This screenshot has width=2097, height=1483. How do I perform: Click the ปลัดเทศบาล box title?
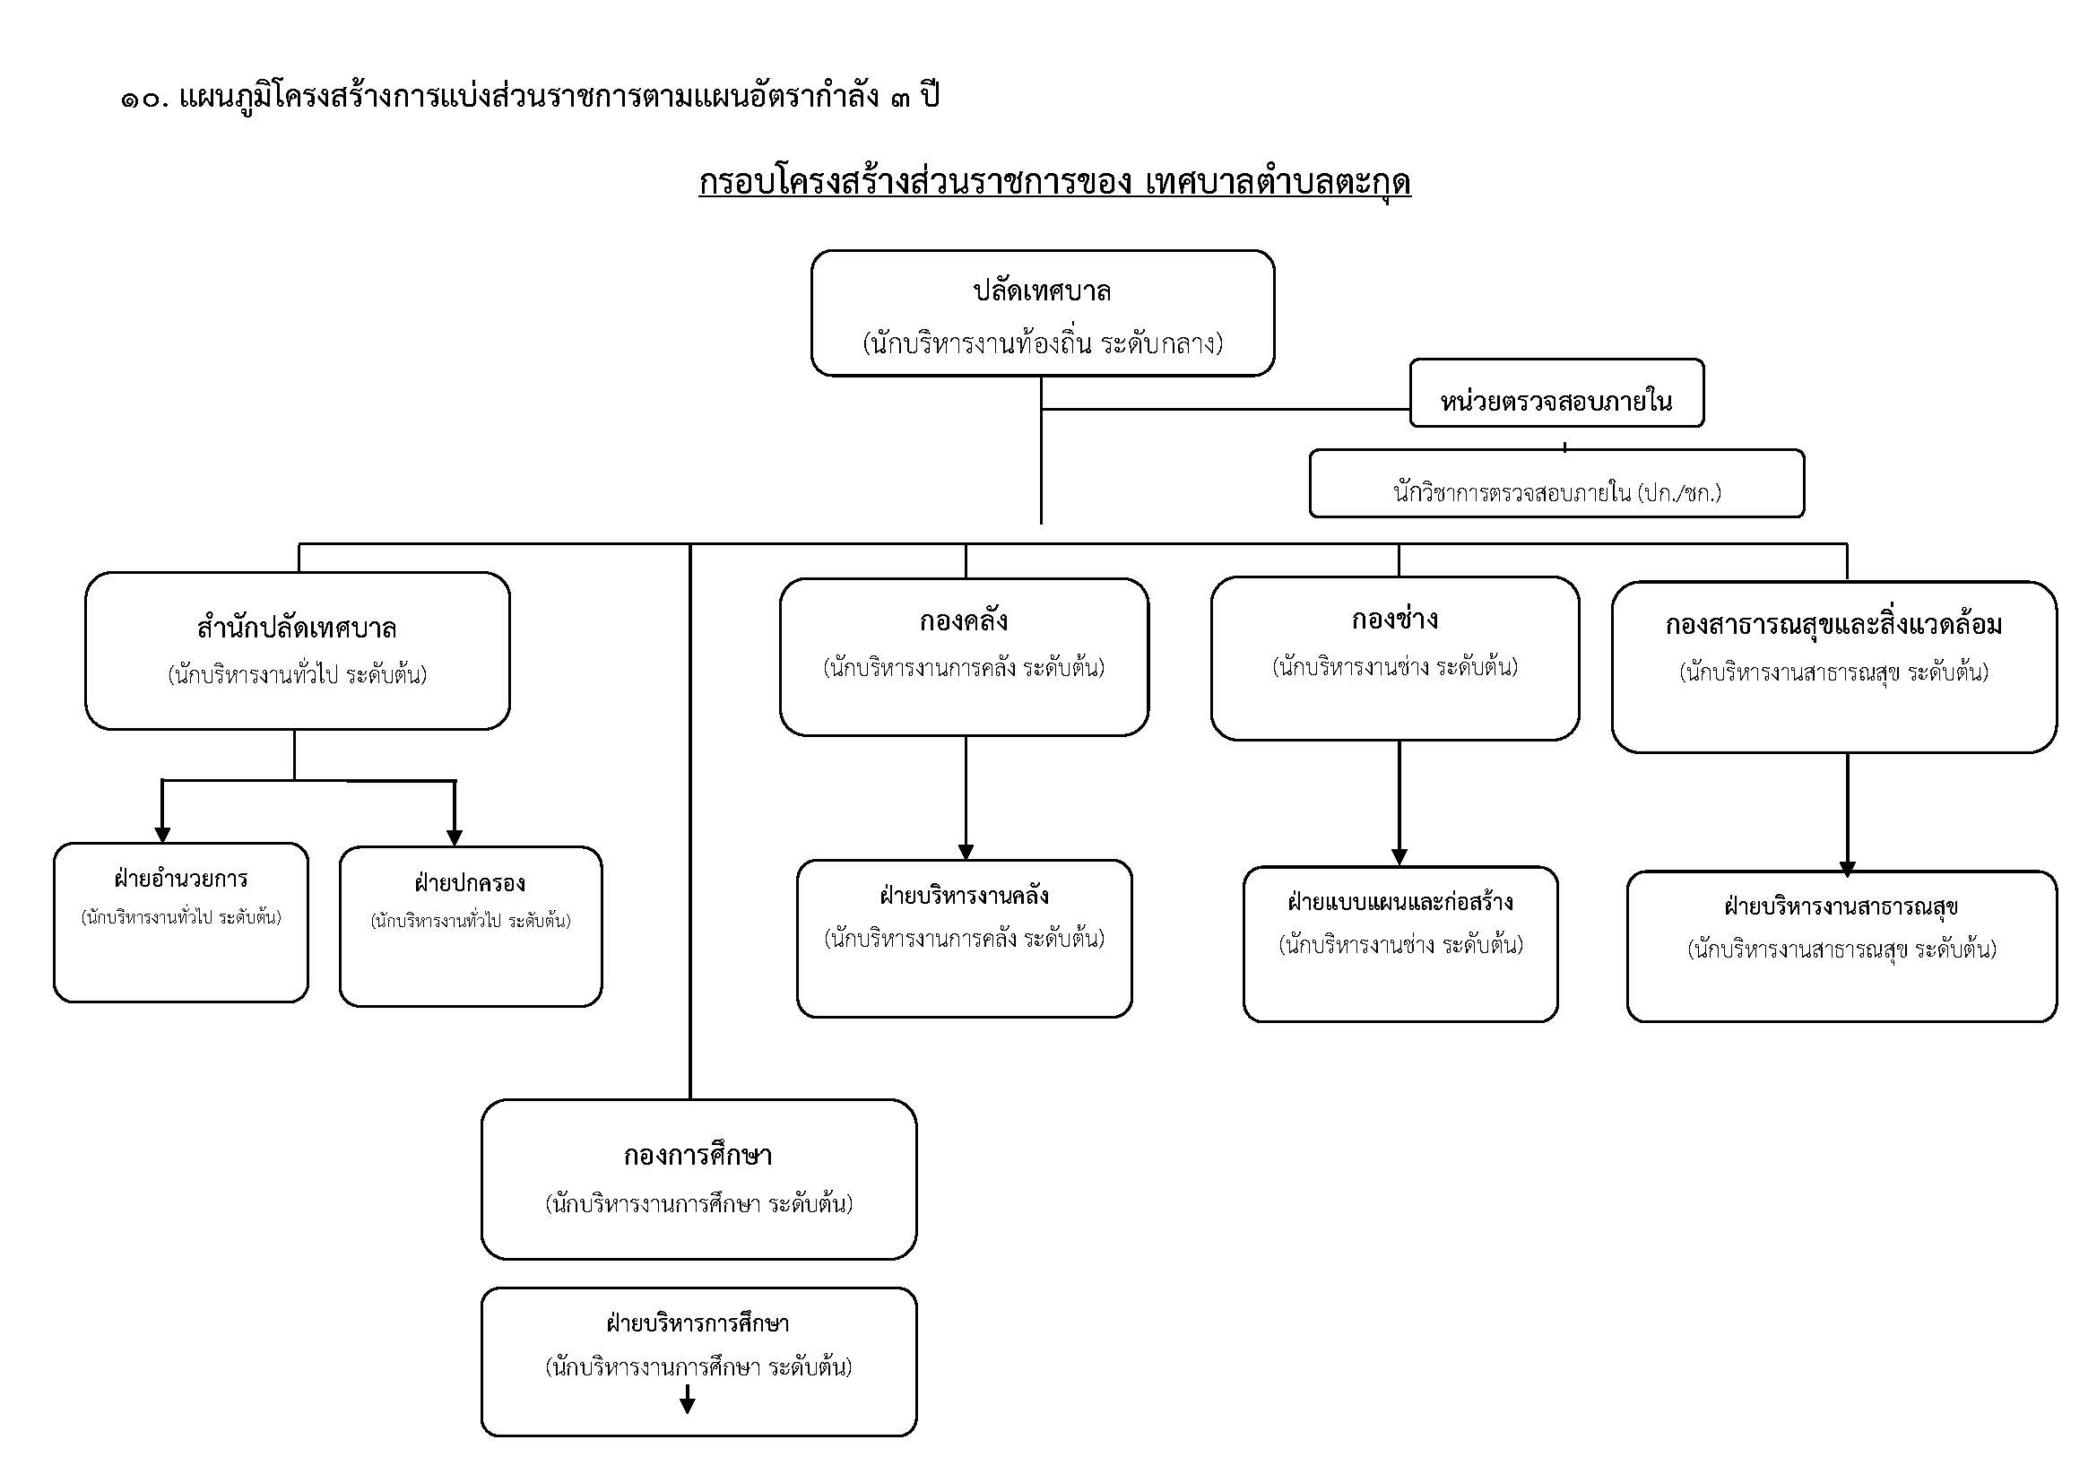coord(1042,292)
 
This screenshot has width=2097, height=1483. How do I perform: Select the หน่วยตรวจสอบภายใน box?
coord(1556,400)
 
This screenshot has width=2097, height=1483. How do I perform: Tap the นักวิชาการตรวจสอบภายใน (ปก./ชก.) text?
coord(1556,493)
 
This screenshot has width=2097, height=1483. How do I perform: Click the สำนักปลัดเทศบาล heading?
coord(297,629)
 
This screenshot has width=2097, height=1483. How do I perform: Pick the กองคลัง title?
coord(964,621)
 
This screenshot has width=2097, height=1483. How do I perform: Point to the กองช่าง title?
coord(1395,620)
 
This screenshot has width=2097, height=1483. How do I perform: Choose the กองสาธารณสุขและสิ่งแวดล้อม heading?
coord(1834,626)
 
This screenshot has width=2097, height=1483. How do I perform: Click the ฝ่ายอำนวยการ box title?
coord(181,879)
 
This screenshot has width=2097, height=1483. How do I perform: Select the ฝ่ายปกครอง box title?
coord(471,883)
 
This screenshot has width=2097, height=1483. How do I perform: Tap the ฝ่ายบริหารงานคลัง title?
coord(964,896)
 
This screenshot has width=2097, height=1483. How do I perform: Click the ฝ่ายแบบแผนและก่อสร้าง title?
coord(1400,902)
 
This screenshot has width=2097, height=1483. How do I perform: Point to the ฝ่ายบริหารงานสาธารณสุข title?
coord(1841,906)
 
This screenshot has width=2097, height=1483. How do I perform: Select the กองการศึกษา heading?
coord(698,1156)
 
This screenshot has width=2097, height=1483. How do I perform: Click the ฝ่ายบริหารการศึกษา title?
coord(698,1323)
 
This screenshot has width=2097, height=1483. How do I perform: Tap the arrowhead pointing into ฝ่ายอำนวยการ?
coord(162,835)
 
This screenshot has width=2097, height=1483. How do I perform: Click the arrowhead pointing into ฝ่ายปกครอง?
coord(455,837)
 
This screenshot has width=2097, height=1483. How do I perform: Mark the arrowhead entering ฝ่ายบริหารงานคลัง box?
coord(966,852)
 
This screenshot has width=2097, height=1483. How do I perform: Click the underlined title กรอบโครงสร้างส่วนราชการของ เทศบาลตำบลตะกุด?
coord(1055,183)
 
